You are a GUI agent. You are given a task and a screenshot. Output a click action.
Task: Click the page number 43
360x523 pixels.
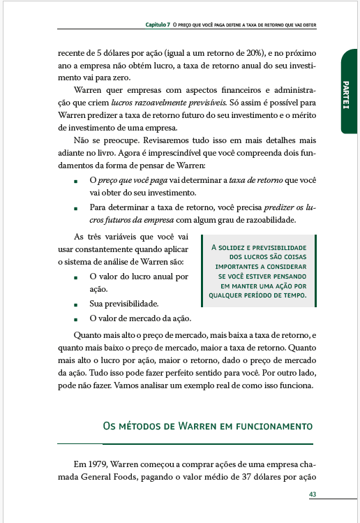point(312,494)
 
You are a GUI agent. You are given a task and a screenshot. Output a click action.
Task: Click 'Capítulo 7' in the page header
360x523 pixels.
point(157,25)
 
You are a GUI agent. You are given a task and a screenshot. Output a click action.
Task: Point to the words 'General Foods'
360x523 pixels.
point(114,478)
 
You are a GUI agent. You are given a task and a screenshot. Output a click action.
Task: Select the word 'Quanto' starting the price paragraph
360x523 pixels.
point(87,334)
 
